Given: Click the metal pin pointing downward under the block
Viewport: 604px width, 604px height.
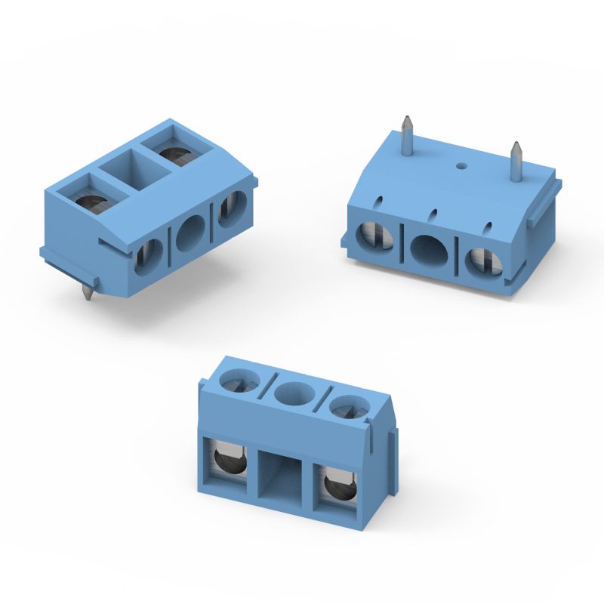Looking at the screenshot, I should click(89, 291).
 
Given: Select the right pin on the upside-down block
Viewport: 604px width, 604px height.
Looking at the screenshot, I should click(516, 160).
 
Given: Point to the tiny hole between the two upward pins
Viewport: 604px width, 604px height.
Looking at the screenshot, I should click(461, 163).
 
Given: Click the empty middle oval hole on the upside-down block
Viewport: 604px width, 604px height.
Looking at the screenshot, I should click(427, 248).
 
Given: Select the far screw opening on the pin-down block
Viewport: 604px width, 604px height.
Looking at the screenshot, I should click(179, 153).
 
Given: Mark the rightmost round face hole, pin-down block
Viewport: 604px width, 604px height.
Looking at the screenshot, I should click(231, 209).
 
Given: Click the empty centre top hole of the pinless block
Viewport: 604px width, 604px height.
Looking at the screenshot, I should click(293, 394).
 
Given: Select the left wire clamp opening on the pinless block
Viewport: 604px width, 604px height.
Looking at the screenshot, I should click(227, 460).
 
